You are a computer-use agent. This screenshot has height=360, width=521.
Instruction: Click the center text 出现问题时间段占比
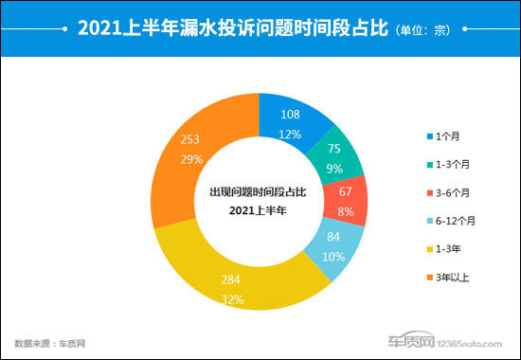pos(257,192)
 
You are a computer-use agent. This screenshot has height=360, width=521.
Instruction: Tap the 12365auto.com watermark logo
pos(444,341)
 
